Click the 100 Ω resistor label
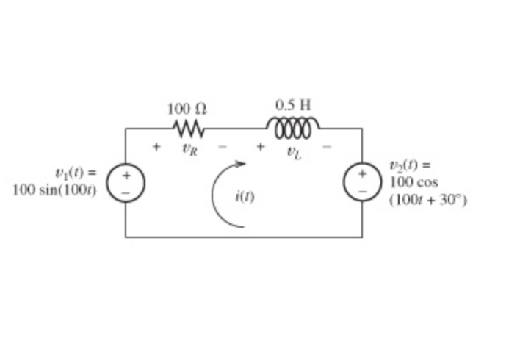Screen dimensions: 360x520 tap(187, 109)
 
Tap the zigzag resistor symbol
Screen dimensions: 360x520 tap(189, 129)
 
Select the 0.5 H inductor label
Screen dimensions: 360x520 tap(293, 105)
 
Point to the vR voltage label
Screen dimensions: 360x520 tap(189, 148)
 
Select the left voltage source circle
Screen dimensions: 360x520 tap(126, 183)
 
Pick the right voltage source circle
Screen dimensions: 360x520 tap(362, 182)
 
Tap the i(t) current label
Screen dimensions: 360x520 tap(245, 196)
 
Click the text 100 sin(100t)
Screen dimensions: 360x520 tap(56, 189)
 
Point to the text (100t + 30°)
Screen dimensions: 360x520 tap(428, 199)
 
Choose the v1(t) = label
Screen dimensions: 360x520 tap(75, 173)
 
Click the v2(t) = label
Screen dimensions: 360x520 tap(410, 165)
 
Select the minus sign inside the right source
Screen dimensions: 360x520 tap(362, 190)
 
